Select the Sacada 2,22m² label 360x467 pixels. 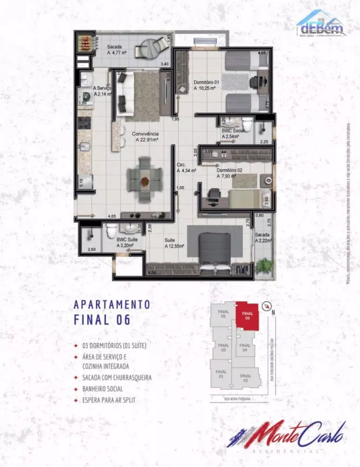(263, 238)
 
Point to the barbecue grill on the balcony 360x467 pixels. (86, 43)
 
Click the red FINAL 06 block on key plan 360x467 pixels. (247, 315)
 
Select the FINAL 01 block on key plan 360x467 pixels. (221, 374)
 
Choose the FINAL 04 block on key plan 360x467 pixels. (245, 348)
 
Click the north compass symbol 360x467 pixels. (267, 306)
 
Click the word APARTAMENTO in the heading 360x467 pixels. (112, 304)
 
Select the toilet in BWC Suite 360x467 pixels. (111, 231)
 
